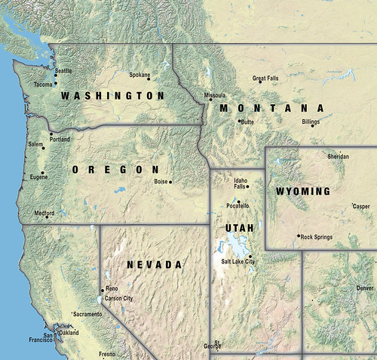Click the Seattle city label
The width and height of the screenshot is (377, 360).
[x=63, y=71]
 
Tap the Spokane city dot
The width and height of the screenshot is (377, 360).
[x=150, y=78]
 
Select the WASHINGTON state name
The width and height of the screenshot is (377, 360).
[x=112, y=96]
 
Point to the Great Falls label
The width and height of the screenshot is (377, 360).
[x=265, y=78]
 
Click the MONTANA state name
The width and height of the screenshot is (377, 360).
[x=271, y=109]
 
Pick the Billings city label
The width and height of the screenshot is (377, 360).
[x=311, y=121]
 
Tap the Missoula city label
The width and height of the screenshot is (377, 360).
[x=215, y=96]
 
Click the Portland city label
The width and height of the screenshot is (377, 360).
[x=60, y=140]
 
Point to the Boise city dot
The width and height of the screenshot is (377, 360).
[x=171, y=182]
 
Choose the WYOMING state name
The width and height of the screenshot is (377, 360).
[x=302, y=191]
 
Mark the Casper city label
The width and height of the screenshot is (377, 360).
[x=362, y=205]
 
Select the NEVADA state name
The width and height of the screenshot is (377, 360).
[x=154, y=265]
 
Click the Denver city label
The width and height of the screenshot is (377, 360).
[x=365, y=288]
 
